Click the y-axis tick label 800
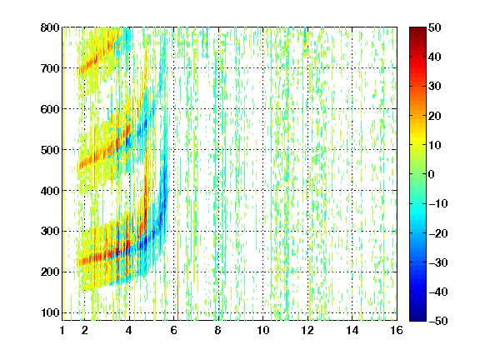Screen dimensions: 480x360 coord(50,27)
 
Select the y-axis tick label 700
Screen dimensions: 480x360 coord(50,68)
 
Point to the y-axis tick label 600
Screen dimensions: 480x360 coord(50,109)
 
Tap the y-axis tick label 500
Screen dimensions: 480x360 coord(50,150)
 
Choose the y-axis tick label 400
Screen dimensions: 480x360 coord(50,191)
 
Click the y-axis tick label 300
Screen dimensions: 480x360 coord(50,231)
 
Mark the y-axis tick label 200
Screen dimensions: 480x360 coord(50,272)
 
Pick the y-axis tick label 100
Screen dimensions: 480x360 coord(50,312)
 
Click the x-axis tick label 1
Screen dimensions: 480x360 coord(62,330)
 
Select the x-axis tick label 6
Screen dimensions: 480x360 coord(174,330)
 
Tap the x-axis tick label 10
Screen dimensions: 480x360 coord(263,330)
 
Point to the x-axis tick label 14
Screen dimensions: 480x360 coord(352,330)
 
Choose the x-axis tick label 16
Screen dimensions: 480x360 coord(397,330)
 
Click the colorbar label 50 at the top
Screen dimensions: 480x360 coord(435,27)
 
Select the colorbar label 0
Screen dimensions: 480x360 coord(432,174)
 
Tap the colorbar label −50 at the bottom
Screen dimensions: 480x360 coord(437,321)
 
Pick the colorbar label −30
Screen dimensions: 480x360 coord(437,262)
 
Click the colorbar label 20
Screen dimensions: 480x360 coord(435,116)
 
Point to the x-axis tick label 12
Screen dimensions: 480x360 coord(307,330)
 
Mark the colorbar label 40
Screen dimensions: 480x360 coord(435,57)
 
